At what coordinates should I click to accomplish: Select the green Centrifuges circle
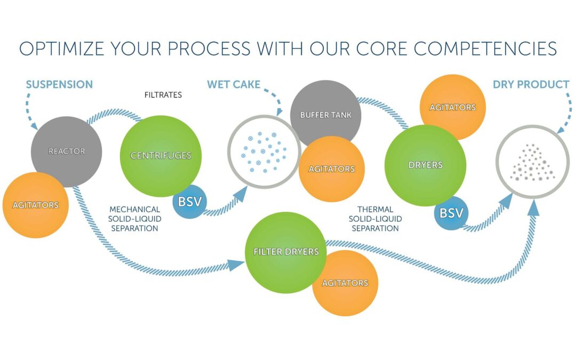click(x=161, y=156)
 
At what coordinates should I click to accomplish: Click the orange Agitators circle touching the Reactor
click(x=36, y=205)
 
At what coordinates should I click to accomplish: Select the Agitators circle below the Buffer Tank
click(x=331, y=169)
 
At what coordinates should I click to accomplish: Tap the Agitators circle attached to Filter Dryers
click(x=345, y=283)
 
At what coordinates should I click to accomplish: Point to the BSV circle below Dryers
click(x=451, y=213)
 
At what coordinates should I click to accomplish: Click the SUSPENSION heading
click(x=59, y=84)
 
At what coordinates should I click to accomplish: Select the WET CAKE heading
click(x=234, y=84)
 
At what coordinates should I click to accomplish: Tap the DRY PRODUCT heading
click(x=531, y=84)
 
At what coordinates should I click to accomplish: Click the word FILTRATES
click(x=163, y=95)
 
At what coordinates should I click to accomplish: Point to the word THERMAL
click(x=375, y=210)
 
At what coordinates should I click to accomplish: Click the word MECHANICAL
click(x=134, y=210)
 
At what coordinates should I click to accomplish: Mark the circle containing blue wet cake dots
click(x=265, y=151)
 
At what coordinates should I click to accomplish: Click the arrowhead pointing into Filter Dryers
click(x=239, y=264)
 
